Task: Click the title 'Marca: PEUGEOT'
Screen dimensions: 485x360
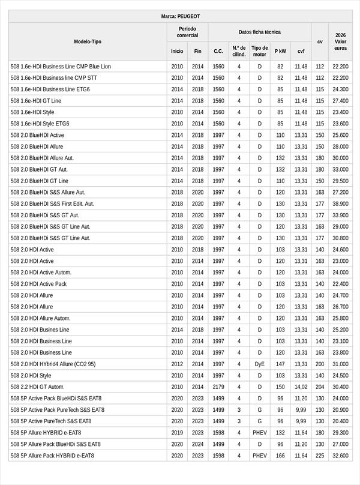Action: pos(180,16)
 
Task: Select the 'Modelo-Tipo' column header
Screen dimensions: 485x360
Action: pos(88,41)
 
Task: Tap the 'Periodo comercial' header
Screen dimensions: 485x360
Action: pos(187,32)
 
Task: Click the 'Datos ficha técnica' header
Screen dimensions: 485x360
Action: pos(259,32)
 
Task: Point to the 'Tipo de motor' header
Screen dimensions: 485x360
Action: pos(260,51)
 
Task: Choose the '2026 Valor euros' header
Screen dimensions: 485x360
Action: pos(340,41)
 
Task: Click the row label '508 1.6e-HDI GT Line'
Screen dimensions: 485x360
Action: pos(36,101)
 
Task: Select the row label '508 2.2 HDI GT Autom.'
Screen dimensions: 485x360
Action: pos(37,387)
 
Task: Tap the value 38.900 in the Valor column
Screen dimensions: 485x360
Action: pos(340,203)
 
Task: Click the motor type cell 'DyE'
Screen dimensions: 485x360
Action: pos(260,364)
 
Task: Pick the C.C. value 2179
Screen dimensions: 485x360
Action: pos(218,387)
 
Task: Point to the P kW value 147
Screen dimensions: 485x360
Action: pos(280,364)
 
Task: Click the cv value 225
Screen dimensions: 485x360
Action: pos(320,456)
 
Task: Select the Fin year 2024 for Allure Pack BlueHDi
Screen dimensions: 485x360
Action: pos(197,444)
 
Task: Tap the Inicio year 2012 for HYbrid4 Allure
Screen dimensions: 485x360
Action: pos(177,364)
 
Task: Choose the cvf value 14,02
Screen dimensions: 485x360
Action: pos(301,387)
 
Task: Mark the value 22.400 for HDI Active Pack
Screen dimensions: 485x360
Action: pos(340,284)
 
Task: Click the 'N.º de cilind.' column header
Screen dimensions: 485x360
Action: pos(239,51)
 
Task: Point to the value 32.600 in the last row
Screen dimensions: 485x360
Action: pos(340,456)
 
